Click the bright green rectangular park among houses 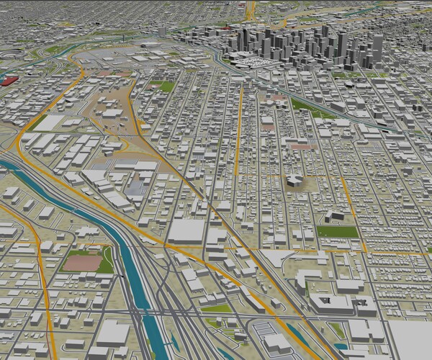(337, 232)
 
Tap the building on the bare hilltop (294, 180)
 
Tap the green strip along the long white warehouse (36, 122)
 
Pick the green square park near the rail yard (164, 86)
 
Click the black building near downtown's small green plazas (349, 84)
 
